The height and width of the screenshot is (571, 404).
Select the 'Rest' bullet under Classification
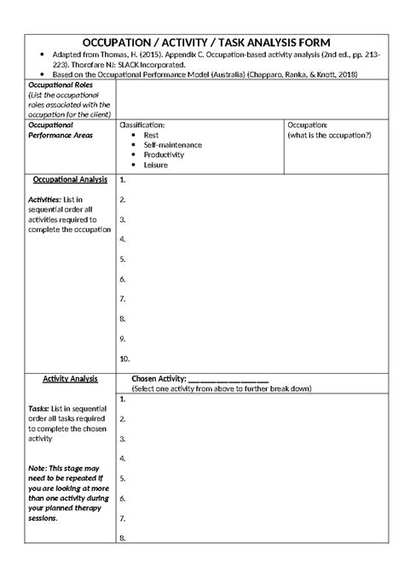click(152, 135)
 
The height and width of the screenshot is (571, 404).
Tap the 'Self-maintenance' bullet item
click(173, 145)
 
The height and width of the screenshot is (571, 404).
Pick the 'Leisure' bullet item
click(156, 165)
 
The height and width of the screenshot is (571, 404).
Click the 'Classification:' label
click(142, 125)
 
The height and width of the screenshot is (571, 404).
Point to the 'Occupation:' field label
click(309, 125)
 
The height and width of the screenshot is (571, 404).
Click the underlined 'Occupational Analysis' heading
click(70, 180)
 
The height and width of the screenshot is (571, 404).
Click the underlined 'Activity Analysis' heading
click(71, 378)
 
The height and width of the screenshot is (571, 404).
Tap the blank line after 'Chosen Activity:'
click(228, 379)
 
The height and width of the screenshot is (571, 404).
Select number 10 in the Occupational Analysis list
click(125, 358)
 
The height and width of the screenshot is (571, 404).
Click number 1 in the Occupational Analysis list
click(124, 180)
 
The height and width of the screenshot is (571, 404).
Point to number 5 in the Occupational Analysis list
click(124, 259)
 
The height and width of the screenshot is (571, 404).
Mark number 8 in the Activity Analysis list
click(124, 538)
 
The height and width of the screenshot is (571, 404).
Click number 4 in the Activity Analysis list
click(124, 457)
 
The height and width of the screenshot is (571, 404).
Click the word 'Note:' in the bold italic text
click(38, 469)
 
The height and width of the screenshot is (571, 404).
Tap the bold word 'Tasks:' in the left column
click(41, 408)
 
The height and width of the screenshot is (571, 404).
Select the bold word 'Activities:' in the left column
click(46, 200)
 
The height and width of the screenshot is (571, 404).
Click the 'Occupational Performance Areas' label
click(56, 130)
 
